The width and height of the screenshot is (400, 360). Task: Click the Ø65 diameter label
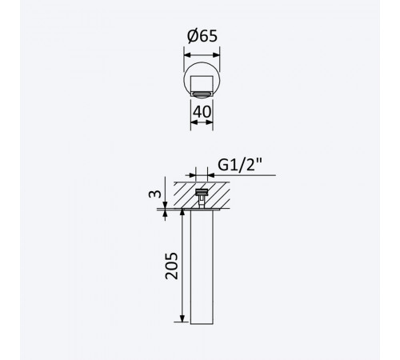coord(202,36)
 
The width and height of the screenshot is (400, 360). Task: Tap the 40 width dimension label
coord(202,112)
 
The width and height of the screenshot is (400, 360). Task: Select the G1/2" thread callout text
coord(240,165)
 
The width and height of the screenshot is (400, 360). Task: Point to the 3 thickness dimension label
coord(155,194)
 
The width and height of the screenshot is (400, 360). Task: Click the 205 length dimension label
coord(171,266)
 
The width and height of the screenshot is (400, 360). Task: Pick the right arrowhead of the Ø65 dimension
coord(216,55)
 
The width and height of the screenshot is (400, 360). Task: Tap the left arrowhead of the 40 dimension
coord(194,122)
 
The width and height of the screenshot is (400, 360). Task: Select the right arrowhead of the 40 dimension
coord(210,122)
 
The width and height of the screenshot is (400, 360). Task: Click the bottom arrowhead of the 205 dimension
coord(182,318)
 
